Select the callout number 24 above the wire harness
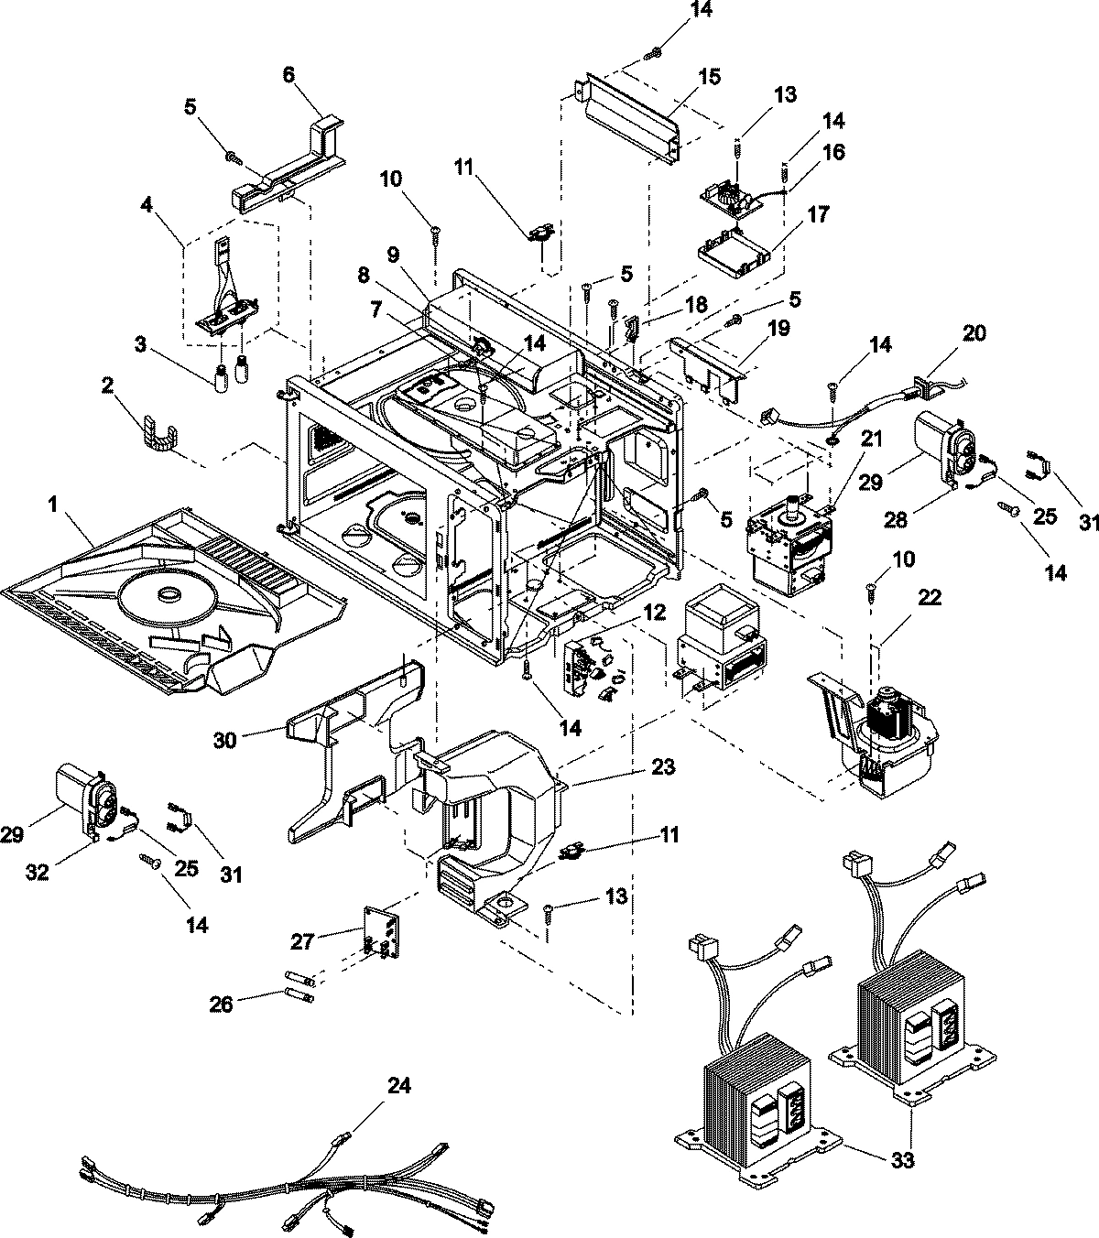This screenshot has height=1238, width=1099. click(x=398, y=1086)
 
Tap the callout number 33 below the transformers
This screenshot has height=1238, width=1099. click(x=902, y=1161)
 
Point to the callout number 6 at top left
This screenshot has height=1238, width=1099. click(x=288, y=74)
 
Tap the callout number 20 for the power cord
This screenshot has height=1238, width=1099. click(x=974, y=332)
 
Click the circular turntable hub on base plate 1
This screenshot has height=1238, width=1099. click(x=169, y=596)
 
